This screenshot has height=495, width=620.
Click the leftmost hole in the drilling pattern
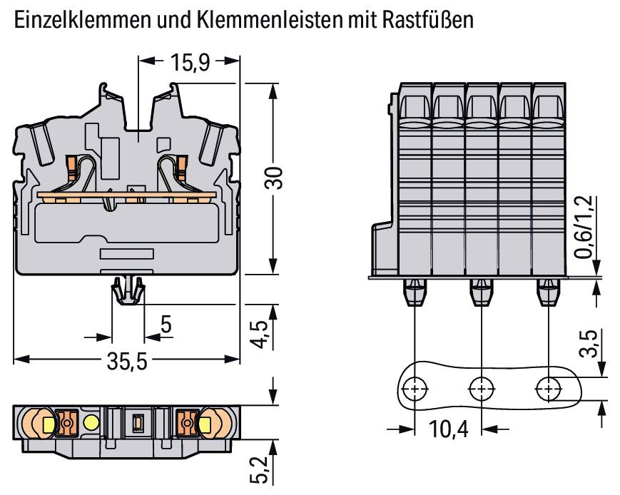click(x=414, y=389)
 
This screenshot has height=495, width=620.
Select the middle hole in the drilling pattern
click(x=481, y=389)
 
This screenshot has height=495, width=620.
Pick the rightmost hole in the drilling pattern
click(x=548, y=389)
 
